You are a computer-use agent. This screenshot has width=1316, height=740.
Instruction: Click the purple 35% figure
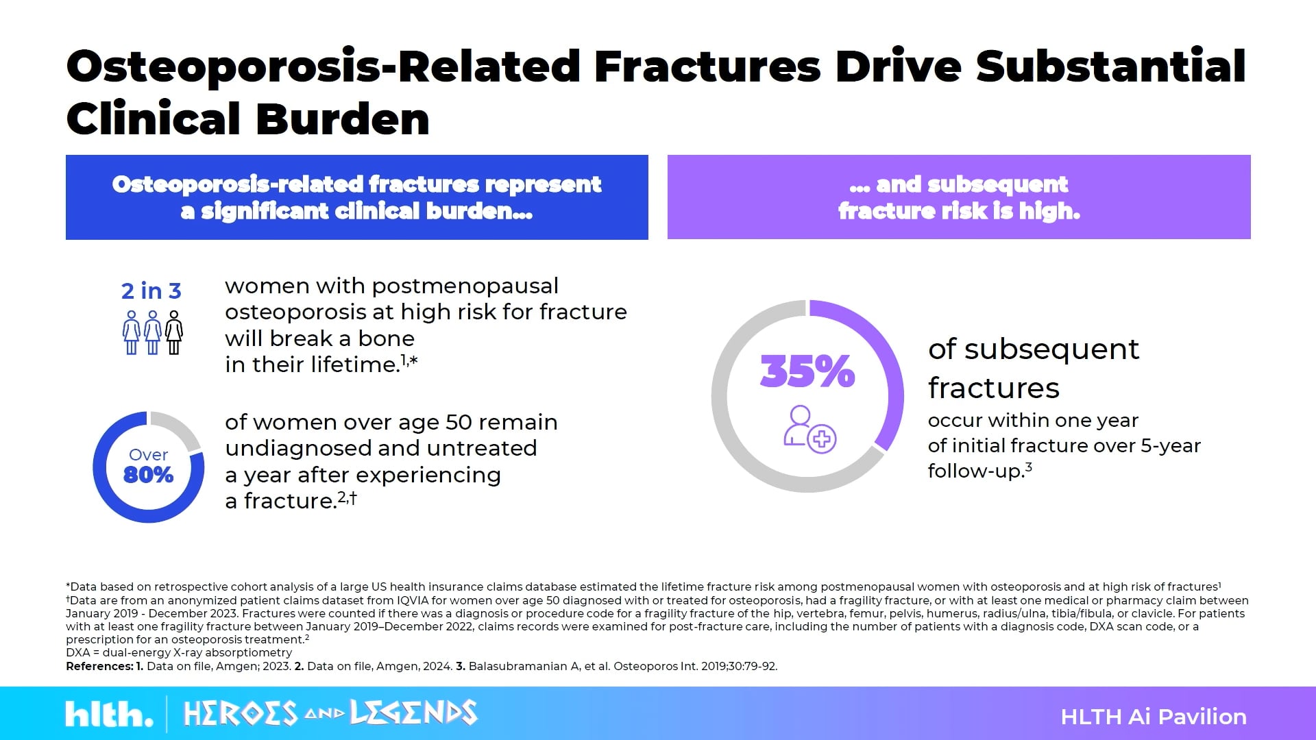pyautogui.click(x=807, y=371)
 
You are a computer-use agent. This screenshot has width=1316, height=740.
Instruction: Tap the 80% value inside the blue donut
pyautogui.click(x=148, y=475)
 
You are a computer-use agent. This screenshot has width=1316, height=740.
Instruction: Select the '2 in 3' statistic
pyautogui.click(x=151, y=291)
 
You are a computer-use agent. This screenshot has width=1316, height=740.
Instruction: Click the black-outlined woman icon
pyautogui.click(x=174, y=333)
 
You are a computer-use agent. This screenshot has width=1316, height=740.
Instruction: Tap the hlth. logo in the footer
pyautogui.click(x=109, y=715)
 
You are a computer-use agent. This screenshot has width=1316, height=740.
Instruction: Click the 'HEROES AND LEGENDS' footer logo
pyautogui.click(x=330, y=713)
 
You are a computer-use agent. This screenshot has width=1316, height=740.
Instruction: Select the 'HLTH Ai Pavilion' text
pyautogui.click(x=1153, y=717)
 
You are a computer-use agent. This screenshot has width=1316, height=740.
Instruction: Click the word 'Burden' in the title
pyautogui.click(x=343, y=119)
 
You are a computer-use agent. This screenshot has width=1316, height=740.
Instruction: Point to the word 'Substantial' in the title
pyautogui.click(x=1110, y=66)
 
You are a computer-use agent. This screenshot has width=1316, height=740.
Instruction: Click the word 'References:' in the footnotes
pyautogui.click(x=99, y=666)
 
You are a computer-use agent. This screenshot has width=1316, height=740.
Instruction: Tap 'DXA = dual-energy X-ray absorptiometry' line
pyautogui.click(x=179, y=653)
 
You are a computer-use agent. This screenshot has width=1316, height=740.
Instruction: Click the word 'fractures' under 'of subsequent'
pyautogui.click(x=993, y=388)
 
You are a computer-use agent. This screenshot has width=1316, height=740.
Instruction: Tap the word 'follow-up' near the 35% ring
pyautogui.click(x=973, y=471)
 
